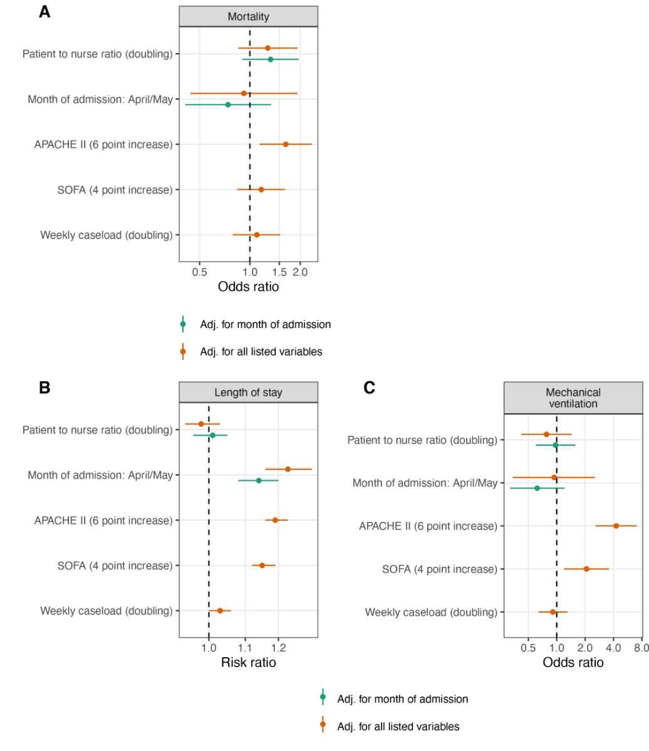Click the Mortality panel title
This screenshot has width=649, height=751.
point(248,17)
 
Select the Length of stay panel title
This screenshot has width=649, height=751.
point(248,393)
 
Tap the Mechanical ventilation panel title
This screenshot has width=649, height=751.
point(573,398)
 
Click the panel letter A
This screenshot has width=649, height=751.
point(44,12)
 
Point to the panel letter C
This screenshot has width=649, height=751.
point(370,388)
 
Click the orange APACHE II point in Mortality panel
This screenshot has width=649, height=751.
point(286,144)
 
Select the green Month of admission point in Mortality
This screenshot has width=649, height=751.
point(228,105)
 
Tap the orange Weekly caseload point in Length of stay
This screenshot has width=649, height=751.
point(220,610)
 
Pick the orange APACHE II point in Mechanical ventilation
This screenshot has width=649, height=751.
point(616,526)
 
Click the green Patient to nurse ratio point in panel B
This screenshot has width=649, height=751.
point(212,435)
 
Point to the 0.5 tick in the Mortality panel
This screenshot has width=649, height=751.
point(199,272)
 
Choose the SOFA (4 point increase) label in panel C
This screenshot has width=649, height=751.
point(439,570)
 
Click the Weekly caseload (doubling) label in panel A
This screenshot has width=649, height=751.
point(106,235)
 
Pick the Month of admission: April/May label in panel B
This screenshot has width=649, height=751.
point(100,475)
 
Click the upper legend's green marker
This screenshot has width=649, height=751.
point(183,324)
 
